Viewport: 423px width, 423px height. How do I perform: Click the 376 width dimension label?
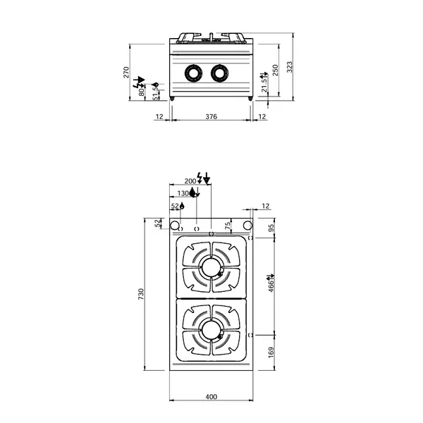pyautogui.click(x=211, y=116)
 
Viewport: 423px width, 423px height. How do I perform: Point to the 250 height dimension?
pyautogui.click(x=276, y=69)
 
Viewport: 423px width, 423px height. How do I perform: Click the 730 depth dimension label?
pyautogui.click(x=141, y=293)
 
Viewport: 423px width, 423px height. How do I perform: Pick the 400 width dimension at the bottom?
pyautogui.click(x=211, y=396)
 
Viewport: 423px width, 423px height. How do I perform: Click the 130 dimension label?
pyautogui.click(x=183, y=193)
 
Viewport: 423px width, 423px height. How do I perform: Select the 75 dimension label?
pyautogui.click(x=227, y=225)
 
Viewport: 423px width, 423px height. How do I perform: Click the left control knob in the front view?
pyautogui.click(x=192, y=73)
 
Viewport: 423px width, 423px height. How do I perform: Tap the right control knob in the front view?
pyautogui.click(x=218, y=73)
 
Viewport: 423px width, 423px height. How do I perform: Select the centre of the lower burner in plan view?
pyautogui.click(x=211, y=328)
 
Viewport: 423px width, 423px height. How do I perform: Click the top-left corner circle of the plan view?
pyautogui.click(x=173, y=225)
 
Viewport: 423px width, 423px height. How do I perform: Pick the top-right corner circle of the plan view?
pyautogui.click(x=248, y=225)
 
